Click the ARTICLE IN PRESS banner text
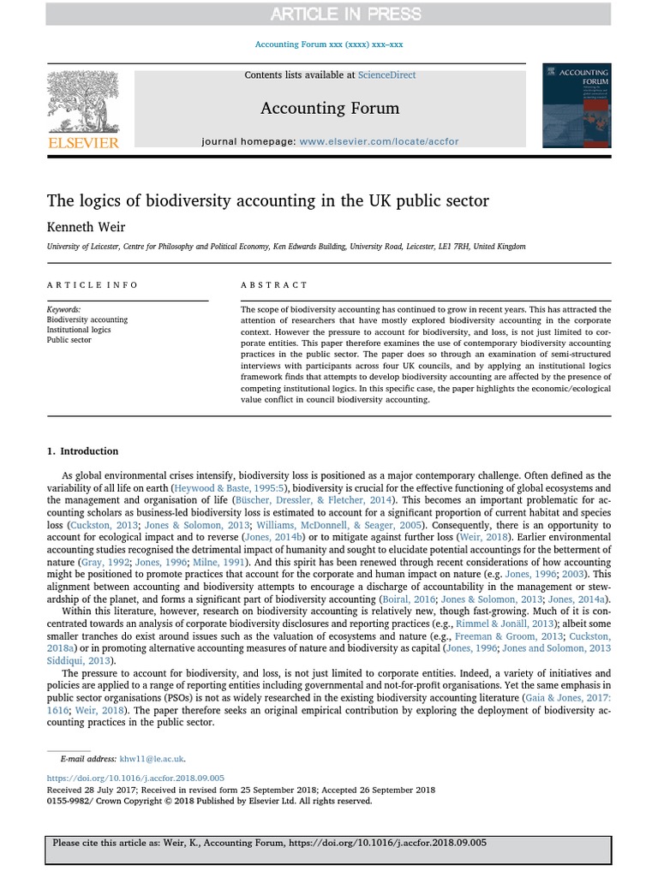(346, 14)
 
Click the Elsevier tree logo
(82, 104)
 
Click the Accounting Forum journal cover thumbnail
(577, 105)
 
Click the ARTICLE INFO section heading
(93, 285)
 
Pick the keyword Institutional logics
(79, 330)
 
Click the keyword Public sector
(69, 340)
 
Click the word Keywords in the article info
(64, 309)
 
